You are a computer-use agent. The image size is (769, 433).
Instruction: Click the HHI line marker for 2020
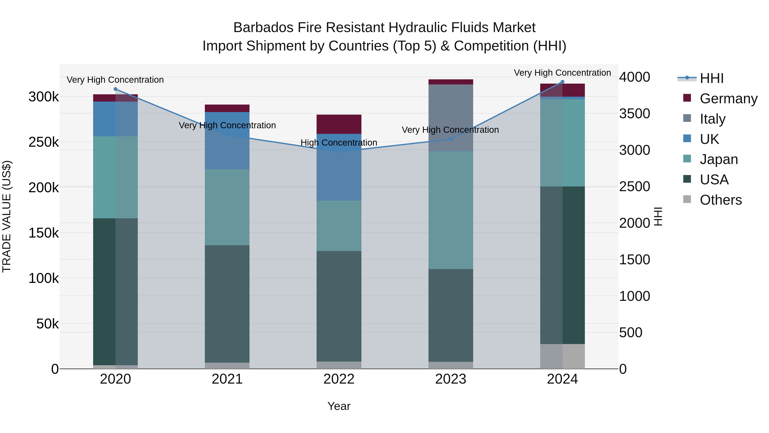(x=116, y=89)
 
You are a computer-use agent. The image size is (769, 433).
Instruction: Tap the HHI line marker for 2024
(x=562, y=82)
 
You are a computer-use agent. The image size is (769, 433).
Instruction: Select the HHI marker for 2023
(x=451, y=139)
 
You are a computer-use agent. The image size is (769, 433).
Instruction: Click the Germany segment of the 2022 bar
(x=339, y=124)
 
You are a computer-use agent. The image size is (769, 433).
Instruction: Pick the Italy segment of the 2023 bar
(x=451, y=118)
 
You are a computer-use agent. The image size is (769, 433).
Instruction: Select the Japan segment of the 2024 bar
(x=562, y=143)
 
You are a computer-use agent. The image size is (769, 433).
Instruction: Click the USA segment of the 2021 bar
(x=227, y=304)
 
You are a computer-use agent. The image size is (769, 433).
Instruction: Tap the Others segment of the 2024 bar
(x=562, y=356)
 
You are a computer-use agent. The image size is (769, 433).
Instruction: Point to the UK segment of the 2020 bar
(x=116, y=119)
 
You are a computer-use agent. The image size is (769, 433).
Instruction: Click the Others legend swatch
(x=687, y=199)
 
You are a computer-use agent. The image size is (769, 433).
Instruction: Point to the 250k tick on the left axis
(x=44, y=142)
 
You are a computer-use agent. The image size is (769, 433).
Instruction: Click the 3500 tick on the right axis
(x=635, y=114)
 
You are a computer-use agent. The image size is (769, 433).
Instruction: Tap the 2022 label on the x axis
(x=339, y=379)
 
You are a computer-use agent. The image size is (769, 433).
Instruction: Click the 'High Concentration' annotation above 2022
(x=339, y=143)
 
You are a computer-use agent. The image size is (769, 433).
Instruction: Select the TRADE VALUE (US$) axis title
(x=7, y=216)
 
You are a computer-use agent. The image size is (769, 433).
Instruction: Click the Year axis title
(x=339, y=406)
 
